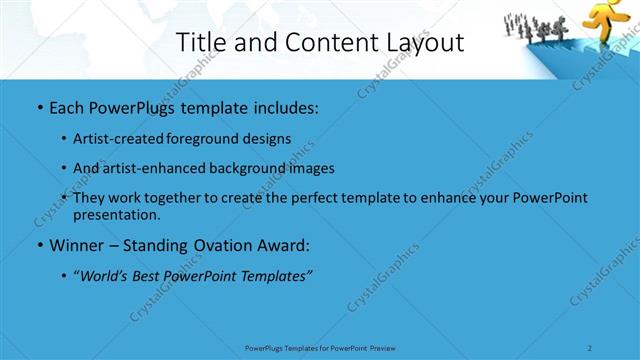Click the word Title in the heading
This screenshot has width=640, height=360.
pyautogui.click(x=199, y=42)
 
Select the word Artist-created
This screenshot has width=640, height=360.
pyautogui.click(x=114, y=139)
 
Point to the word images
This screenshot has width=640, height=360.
pyautogui.click(x=306, y=169)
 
